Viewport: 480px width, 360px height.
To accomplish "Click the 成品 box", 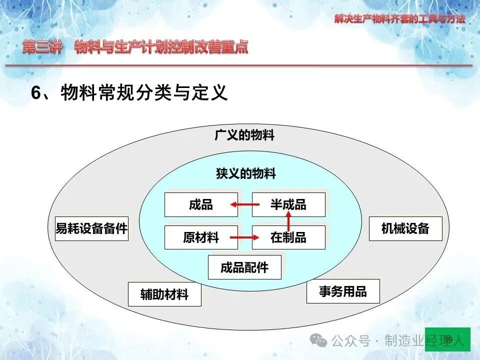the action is tap(201, 205).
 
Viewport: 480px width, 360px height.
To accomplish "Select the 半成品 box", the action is tap(288, 205).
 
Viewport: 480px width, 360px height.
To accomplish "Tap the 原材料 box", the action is tap(201, 237).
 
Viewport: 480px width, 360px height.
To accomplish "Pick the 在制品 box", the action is tap(288, 237).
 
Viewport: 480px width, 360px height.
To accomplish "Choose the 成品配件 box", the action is tap(244, 267).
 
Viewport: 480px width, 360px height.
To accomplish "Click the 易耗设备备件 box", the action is tap(91, 228).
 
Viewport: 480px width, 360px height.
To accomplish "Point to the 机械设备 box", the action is tap(405, 228).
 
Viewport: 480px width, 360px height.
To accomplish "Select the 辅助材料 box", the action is tap(164, 294).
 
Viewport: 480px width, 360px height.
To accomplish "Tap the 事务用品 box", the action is tap(343, 291).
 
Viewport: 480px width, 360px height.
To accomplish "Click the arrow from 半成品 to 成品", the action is tap(245, 204).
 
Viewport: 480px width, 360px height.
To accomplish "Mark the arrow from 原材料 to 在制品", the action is tap(245, 237).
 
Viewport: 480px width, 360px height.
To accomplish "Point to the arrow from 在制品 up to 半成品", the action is tap(288, 221).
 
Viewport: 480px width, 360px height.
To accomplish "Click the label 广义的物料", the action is tap(244, 135).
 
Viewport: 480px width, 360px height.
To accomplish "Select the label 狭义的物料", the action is tap(246, 173).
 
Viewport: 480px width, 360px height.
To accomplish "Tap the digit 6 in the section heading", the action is tap(36, 92).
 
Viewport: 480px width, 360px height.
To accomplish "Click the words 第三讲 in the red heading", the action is tap(42, 47).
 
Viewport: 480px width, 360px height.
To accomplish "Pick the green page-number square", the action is tap(447, 339).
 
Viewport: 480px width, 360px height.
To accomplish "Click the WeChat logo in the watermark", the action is tap(318, 340).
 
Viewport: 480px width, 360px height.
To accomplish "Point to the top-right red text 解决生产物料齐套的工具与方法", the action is tap(400, 19).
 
